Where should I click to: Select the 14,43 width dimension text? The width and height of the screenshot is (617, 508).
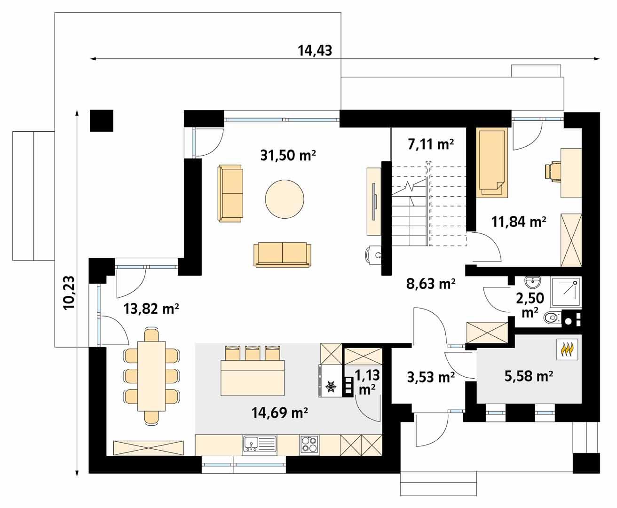(315, 50)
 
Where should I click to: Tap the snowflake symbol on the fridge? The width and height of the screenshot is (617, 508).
(331, 387)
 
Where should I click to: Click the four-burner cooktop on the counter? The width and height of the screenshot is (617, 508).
(309, 444)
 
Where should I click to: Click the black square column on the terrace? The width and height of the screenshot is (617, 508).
(102, 120)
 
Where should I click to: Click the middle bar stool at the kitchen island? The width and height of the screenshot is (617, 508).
(253, 353)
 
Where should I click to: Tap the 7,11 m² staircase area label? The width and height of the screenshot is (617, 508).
(431, 144)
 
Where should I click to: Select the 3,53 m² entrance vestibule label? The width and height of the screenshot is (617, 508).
(430, 377)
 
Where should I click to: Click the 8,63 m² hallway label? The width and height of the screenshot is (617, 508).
(430, 284)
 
